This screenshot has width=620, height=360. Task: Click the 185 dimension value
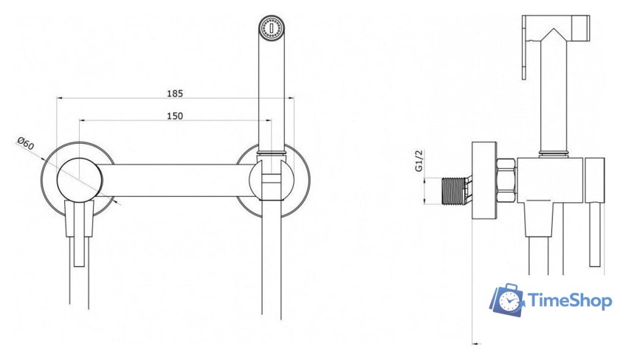coord(175,94)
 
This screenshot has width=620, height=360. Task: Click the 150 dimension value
coord(175,116)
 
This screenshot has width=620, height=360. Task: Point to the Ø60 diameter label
coord(26,143)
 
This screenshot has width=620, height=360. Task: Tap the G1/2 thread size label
coord(419,160)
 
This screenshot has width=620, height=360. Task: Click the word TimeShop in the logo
coord(569,301)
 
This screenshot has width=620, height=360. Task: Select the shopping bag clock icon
coord(507,300)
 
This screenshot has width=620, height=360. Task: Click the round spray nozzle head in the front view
coord(272,27)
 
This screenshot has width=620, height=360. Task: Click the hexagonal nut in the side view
coord(506,181)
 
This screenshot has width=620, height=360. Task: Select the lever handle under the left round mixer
coord(80,232)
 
